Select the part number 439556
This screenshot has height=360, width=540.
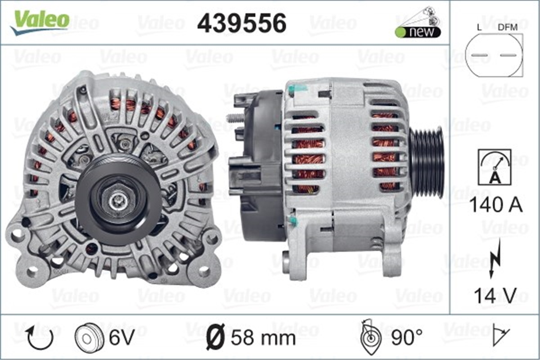tap(242, 22)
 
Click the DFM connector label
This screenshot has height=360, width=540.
tap(508, 27)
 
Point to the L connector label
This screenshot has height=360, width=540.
tap(480, 27)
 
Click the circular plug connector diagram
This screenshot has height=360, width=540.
tap(494, 55)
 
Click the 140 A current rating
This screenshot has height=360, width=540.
tap(495, 205)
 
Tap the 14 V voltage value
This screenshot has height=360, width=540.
tap(495, 296)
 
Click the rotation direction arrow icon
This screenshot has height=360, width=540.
tap(40, 338)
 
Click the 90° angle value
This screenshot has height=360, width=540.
tap(406, 337)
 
